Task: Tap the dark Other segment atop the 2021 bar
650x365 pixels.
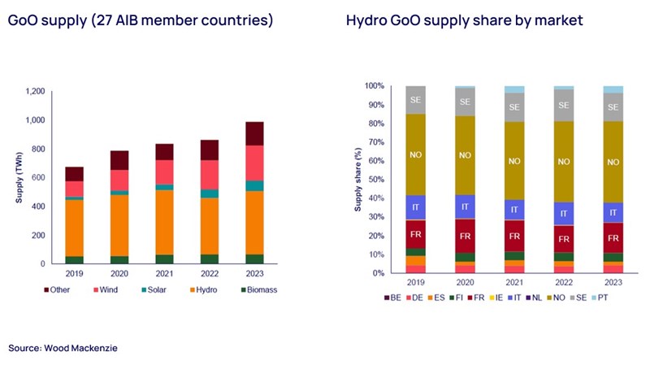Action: (x=165, y=151)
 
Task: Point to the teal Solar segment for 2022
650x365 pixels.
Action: (x=210, y=193)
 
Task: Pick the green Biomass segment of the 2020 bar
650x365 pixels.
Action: (x=120, y=259)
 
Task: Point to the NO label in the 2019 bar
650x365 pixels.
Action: (x=416, y=154)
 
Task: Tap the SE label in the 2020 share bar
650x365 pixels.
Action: (x=465, y=102)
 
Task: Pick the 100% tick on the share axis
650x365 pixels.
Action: (x=373, y=85)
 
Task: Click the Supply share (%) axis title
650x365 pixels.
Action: (x=357, y=178)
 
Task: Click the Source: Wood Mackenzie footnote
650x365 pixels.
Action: (x=63, y=348)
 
